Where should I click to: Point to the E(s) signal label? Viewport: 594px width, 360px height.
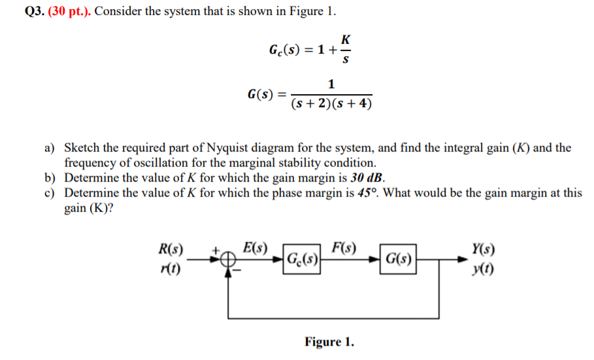pyautogui.click(x=254, y=248)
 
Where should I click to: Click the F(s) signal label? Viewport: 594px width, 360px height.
pyautogui.click(x=344, y=248)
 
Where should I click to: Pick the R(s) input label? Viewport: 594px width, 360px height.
pyautogui.click(x=171, y=249)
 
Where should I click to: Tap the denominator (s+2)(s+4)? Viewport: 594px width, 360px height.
pyautogui.click(x=331, y=104)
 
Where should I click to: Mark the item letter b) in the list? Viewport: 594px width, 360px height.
pyautogui.click(x=50, y=177)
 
